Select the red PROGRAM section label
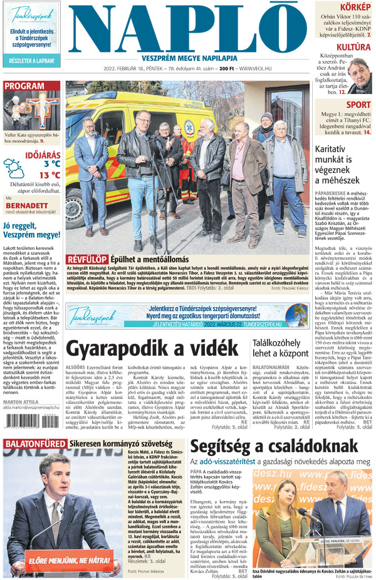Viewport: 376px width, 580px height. [x=24, y=86]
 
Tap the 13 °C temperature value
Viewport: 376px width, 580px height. [x=50, y=175]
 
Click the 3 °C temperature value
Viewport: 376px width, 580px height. [x=52, y=163]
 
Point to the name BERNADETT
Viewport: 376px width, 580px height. [x=27, y=205]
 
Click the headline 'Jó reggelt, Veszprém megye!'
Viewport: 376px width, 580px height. [x=31, y=231]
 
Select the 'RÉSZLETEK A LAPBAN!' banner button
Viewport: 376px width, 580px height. [x=31, y=61]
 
